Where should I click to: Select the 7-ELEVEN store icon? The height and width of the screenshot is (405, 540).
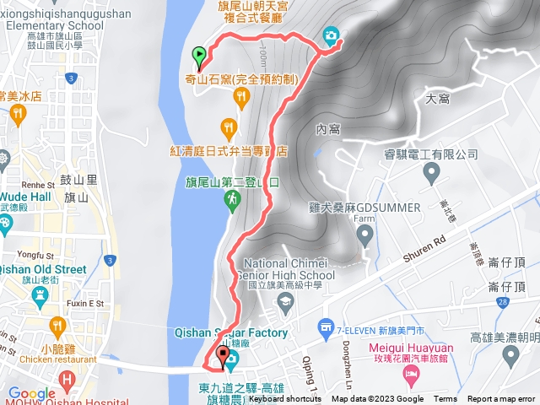pos(324,327)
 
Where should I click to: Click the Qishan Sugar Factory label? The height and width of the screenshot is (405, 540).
pos(245,332)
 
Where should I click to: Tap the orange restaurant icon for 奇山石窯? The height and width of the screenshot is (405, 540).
pos(241,97)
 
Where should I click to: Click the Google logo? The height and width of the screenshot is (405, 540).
pos(31,393)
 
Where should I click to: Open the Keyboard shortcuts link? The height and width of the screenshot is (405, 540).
pos(284,399)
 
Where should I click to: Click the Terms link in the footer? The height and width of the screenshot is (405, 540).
pos(445,399)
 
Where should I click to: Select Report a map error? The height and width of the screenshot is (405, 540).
pos(502,399)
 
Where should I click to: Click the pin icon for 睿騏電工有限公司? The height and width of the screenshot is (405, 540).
pos(432,174)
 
